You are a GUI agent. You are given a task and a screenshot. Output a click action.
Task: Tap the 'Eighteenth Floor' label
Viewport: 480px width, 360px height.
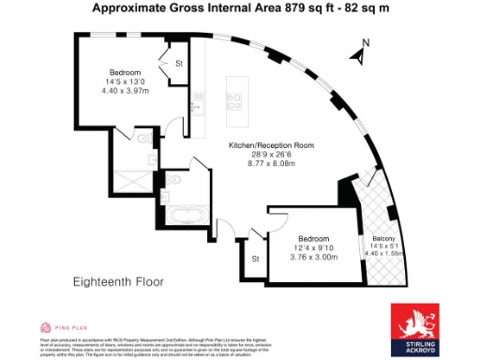(x=118, y=280)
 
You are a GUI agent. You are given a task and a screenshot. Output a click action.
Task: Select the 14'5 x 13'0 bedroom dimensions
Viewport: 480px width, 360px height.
(x=125, y=82)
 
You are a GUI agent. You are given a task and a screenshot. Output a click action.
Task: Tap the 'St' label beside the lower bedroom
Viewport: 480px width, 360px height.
(x=254, y=259)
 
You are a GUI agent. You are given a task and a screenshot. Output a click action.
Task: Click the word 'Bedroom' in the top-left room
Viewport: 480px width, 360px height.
(x=125, y=72)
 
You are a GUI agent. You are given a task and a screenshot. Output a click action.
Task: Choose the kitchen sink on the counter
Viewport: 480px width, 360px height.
(x=197, y=106)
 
